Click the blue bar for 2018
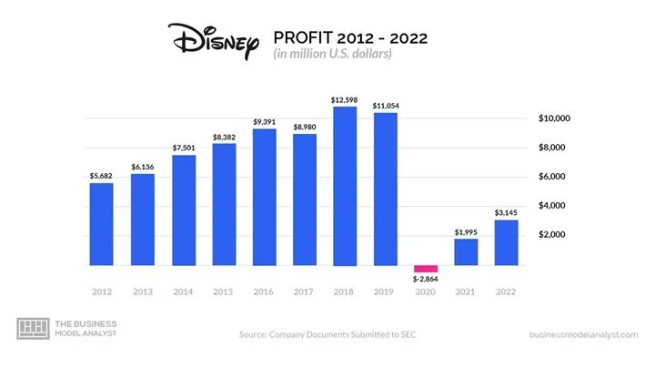(345, 186)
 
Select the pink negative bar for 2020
(426, 269)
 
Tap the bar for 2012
(101, 224)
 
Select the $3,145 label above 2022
(507, 212)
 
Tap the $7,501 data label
(183, 148)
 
